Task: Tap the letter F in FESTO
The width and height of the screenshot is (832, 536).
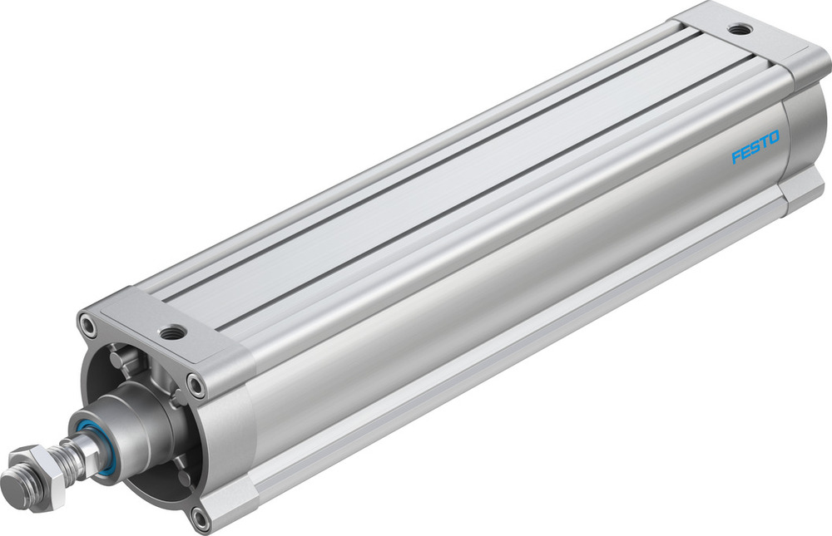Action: pyautogui.click(x=736, y=157)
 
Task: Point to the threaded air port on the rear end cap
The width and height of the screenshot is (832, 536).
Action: pyautogui.click(x=737, y=30)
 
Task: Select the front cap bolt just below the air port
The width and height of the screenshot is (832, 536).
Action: pyautogui.click(x=196, y=383)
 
